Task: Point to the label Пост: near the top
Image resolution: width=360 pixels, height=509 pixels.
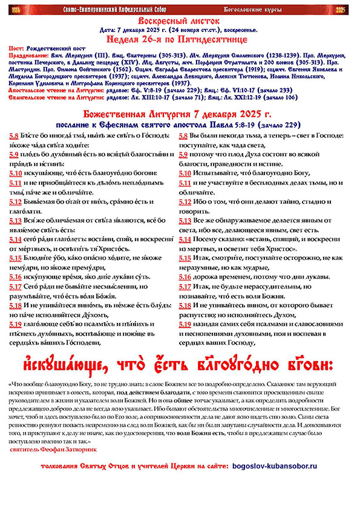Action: coord(18,47)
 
